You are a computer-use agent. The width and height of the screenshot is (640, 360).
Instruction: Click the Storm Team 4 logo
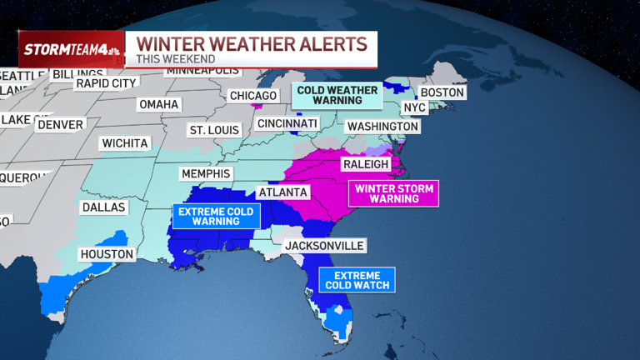(x=72, y=49)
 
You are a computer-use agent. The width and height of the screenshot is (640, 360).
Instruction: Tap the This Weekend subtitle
(x=176, y=59)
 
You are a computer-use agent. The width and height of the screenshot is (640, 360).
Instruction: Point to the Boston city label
(x=442, y=92)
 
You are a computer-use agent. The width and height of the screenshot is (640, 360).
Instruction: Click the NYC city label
(x=413, y=108)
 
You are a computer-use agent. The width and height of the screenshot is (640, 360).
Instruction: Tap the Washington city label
(x=382, y=127)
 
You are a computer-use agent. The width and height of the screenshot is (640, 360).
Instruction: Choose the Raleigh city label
(x=366, y=164)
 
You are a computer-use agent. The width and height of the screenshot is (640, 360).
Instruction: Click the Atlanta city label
(x=283, y=192)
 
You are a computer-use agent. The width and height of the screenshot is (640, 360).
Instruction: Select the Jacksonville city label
(x=324, y=246)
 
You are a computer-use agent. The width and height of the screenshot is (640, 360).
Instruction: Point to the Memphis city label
(x=205, y=173)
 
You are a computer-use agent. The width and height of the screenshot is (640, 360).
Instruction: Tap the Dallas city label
(x=103, y=207)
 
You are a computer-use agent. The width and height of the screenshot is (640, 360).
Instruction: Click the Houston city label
(x=106, y=253)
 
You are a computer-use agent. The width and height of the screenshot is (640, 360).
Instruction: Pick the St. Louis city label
(x=214, y=130)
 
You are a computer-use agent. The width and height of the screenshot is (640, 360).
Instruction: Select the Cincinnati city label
(x=287, y=123)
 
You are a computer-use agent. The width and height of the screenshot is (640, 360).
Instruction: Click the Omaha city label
(x=159, y=104)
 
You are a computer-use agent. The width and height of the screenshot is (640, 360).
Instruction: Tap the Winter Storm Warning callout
(x=394, y=194)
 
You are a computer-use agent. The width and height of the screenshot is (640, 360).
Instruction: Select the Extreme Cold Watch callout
(x=357, y=281)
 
